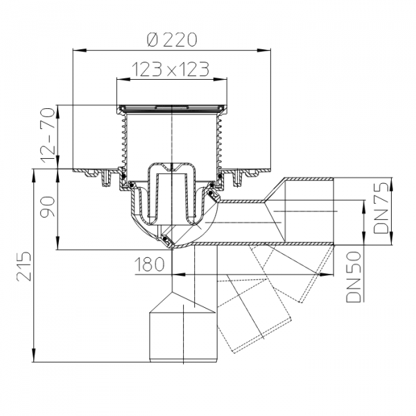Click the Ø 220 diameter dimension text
click(172, 40)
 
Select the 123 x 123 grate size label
click(171, 69)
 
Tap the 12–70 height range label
click(48, 135)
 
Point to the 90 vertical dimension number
click(48, 207)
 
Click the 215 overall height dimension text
click(24, 266)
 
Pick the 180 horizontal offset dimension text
click(150, 265)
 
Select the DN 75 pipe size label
click(381, 208)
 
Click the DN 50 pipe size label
click(354, 277)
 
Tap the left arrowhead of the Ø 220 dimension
click(80, 51)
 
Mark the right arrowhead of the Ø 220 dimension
click(263, 51)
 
